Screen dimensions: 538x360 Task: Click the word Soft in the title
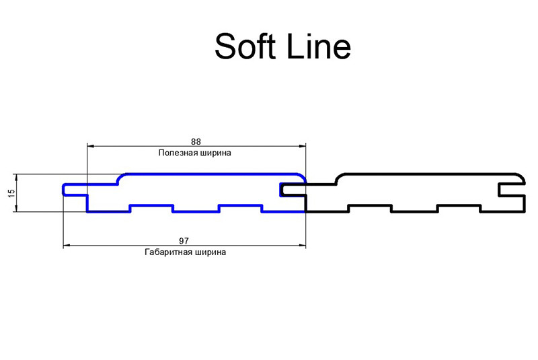(x=245, y=46)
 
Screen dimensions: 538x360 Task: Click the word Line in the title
(x=318, y=46)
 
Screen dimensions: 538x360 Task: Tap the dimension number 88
(x=196, y=141)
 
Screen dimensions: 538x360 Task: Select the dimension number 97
(x=184, y=241)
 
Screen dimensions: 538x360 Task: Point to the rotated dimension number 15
(x=11, y=193)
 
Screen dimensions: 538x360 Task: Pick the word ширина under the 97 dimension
(x=209, y=252)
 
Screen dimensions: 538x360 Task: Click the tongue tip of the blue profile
(x=64, y=190)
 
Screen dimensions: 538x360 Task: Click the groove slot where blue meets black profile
(x=293, y=190)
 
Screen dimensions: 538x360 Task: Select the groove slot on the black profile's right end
(x=512, y=190)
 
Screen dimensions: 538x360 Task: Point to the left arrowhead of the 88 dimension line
(x=91, y=146)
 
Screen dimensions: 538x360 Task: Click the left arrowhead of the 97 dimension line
(x=67, y=246)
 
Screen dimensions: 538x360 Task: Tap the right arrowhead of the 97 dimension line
(x=302, y=246)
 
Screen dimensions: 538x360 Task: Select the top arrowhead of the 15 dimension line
(x=15, y=178)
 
